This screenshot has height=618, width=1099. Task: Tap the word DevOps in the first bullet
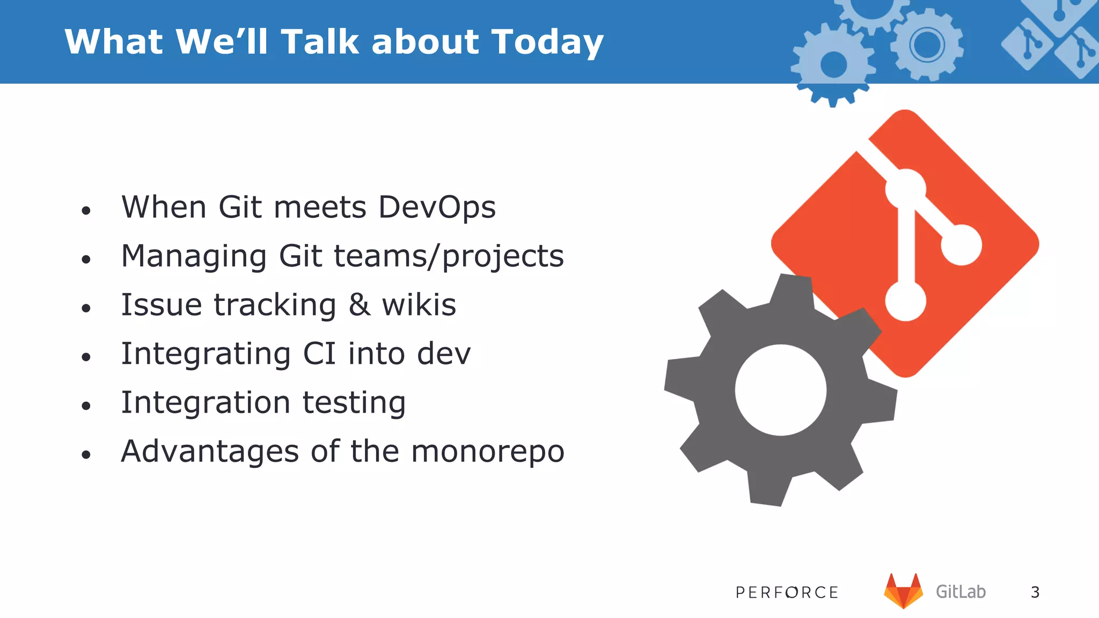click(x=437, y=207)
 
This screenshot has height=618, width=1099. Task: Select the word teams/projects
click(x=449, y=256)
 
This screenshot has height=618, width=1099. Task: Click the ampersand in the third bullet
click(x=359, y=305)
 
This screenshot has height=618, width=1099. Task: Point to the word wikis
click(x=419, y=305)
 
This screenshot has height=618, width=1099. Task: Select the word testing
click(x=354, y=403)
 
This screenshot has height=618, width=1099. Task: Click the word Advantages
click(x=210, y=452)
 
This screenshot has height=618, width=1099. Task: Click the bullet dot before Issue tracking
click(x=86, y=308)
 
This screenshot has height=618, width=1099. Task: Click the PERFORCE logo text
click(x=787, y=592)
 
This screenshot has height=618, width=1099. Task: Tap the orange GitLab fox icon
click(x=903, y=591)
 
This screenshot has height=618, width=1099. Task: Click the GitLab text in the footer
click(x=961, y=592)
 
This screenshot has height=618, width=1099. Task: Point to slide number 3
click(x=1035, y=592)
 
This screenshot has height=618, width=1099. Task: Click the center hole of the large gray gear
click(x=780, y=390)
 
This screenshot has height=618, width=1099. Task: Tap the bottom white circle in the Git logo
click(x=905, y=301)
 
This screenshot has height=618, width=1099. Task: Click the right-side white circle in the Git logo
click(x=961, y=245)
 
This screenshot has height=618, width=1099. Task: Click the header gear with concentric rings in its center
click(x=927, y=45)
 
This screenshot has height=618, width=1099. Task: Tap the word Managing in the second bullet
click(x=194, y=256)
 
